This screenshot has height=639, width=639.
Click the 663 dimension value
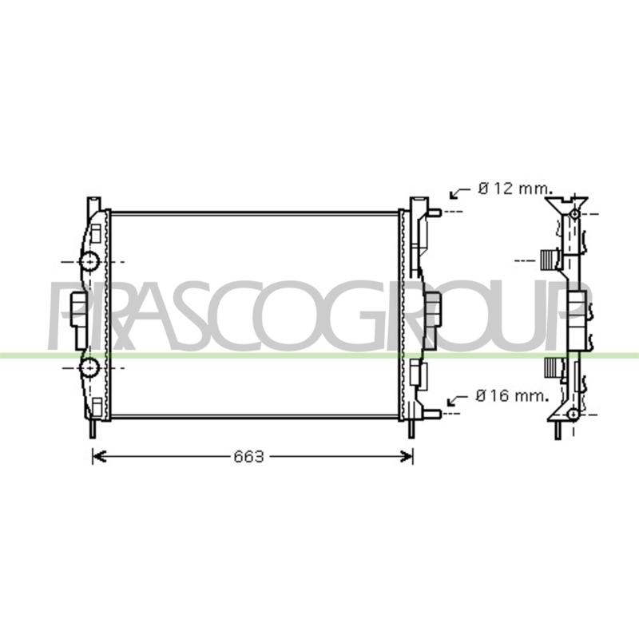pos(248,457)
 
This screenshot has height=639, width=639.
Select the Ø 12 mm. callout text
pos(515,189)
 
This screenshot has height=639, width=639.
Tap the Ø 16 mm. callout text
pos(512,395)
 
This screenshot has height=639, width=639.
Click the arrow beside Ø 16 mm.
pos(457,400)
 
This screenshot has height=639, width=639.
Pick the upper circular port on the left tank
pos(89,261)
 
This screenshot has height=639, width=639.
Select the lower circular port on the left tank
pos(89,368)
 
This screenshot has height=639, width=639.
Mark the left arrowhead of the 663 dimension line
pos(99,457)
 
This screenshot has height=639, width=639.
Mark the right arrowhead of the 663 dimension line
pos(407,457)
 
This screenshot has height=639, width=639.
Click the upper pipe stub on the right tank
pos(434,212)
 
